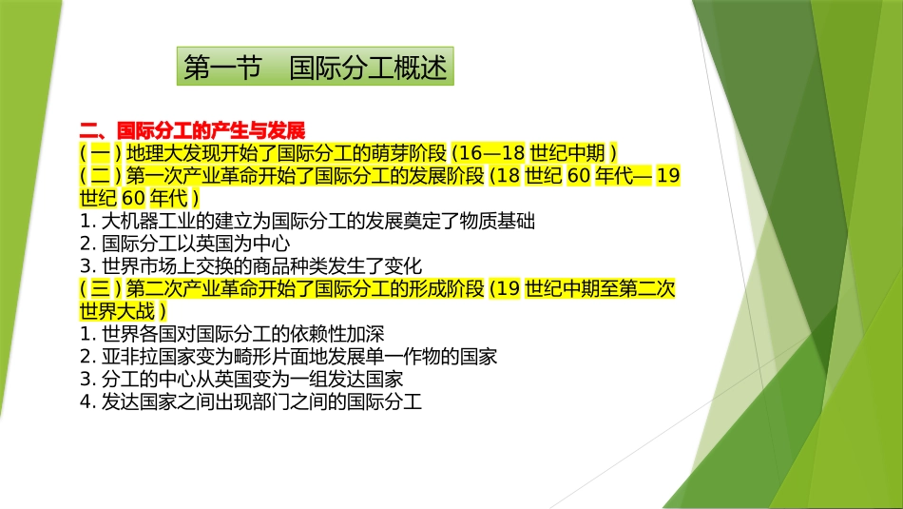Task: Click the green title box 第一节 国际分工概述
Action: pyautogui.click(x=315, y=68)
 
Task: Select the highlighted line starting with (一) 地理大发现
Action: pyautogui.click(x=349, y=152)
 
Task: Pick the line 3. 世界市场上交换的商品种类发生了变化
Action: pyautogui.click(x=251, y=265)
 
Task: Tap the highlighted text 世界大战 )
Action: pyautogui.click(x=124, y=311)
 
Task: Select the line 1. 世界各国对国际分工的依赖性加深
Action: pyautogui.click(x=234, y=334)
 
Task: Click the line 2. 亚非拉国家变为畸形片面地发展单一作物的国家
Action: pyautogui.click(x=289, y=357)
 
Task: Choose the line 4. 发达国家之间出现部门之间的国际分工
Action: pyautogui.click(x=251, y=401)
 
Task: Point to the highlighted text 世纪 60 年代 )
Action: pyautogui.click(x=140, y=198)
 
